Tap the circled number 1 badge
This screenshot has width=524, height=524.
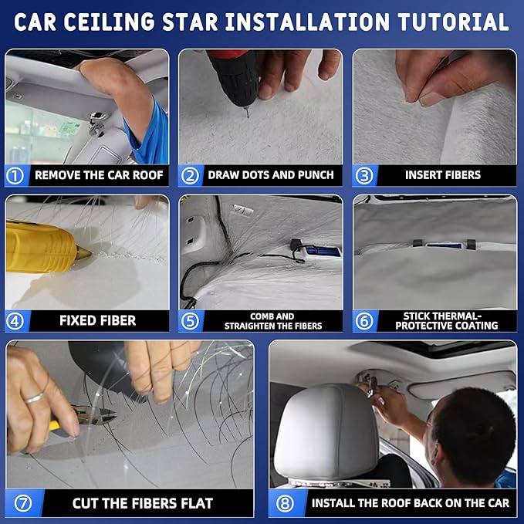point(15,175)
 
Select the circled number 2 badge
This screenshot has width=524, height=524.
point(190,175)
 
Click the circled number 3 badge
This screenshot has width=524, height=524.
point(363,175)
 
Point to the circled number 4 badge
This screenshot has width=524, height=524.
point(15,320)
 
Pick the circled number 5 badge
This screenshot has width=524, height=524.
point(190,320)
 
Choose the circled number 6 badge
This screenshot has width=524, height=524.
point(363,320)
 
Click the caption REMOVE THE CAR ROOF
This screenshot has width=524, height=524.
point(99,175)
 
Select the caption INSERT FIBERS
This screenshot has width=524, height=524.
point(442,175)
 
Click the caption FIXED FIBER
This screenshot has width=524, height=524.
point(97,320)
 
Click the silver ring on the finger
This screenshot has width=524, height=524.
point(33,397)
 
